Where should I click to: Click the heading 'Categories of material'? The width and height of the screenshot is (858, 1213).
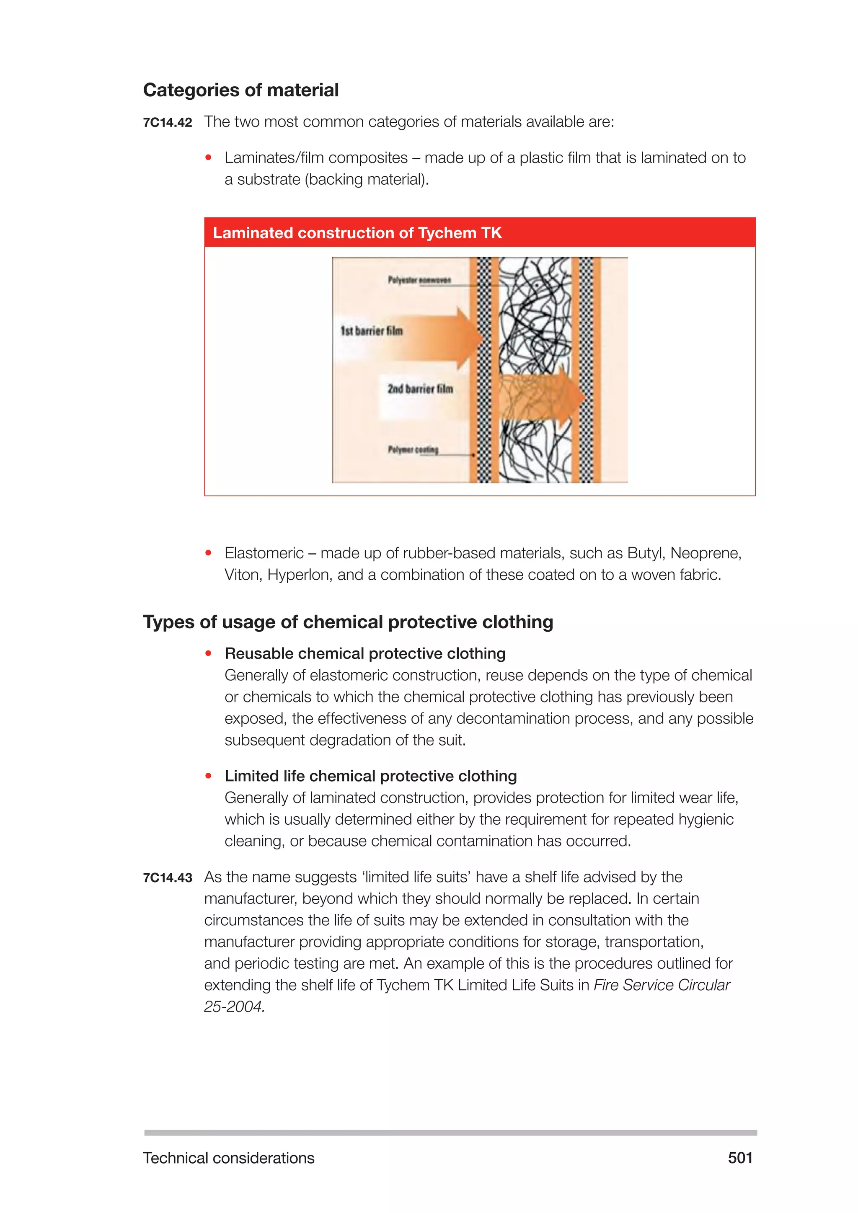pos(240,90)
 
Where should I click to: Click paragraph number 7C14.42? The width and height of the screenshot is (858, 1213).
pos(168,123)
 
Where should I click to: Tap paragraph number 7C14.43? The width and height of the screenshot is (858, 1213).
pos(168,878)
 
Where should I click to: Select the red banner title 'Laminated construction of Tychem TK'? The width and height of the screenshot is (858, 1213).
pos(357,233)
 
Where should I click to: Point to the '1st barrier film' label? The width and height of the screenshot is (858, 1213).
pos(372,331)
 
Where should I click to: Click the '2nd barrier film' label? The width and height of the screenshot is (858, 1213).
pos(420,389)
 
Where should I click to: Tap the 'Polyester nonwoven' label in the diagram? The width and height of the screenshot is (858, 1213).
pos(419,280)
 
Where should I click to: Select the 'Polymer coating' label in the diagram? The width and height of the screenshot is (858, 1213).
pos(413,449)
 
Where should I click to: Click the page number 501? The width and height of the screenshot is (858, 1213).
pos(740,1158)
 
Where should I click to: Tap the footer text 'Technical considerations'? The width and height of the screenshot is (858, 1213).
pos(228,1158)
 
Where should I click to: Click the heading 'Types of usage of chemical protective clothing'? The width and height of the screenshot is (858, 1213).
pos(348,622)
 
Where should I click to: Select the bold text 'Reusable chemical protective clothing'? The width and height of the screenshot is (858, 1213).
pos(364,653)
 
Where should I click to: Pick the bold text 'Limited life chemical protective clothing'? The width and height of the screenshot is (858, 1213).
pos(370,776)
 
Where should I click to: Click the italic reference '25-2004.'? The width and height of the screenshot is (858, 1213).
pos(234,1007)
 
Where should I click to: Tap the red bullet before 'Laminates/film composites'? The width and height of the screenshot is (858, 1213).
pos(209,157)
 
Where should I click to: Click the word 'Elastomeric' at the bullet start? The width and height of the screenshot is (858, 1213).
pos(264,553)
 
